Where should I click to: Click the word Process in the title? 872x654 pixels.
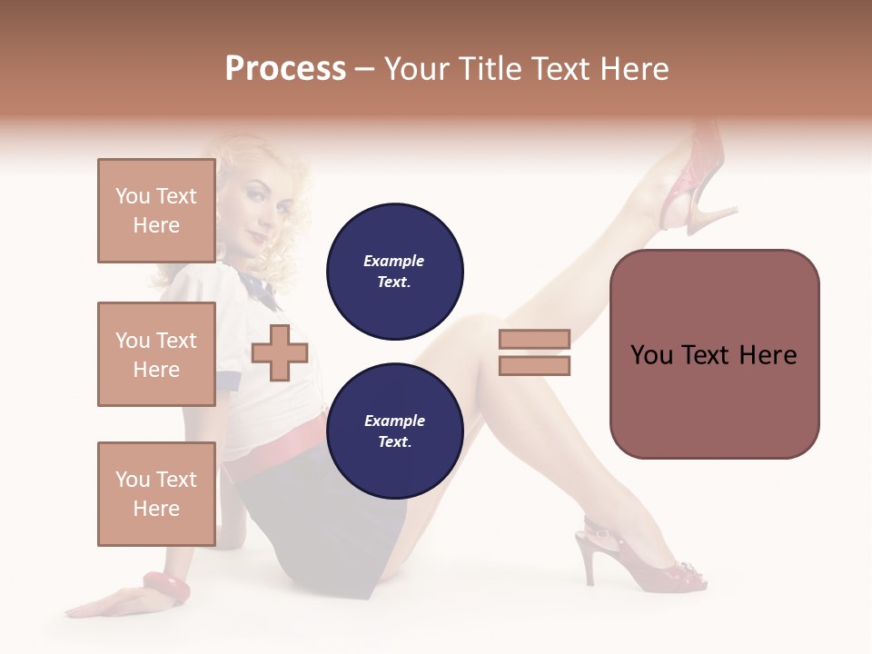pyautogui.click(x=285, y=69)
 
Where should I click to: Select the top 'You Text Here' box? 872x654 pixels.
pyautogui.click(x=156, y=211)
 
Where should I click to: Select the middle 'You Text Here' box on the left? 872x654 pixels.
pyautogui.click(x=156, y=354)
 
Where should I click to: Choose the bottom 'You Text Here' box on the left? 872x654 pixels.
pyautogui.click(x=156, y=494)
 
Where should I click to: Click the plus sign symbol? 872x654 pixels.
pyautogui.click(x=280, y=352)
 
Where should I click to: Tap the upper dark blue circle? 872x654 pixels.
pyautogui.click(x=394, y=272)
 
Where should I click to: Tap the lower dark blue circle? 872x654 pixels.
pyautogui.click(x=394, y=431)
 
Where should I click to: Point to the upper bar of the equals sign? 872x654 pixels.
pyautogui.click(x=534, y=340)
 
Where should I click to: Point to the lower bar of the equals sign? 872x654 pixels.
pyautogui.click(x=534, y=365)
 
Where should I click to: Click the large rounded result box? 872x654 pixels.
pyautogui.click(x=714, y=354)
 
